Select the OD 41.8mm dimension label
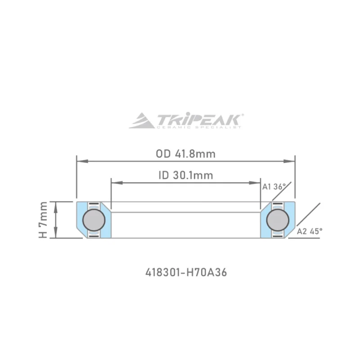pos(185,154)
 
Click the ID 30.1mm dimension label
pos(185,175)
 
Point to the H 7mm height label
pos(43,220)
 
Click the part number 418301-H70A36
pos(185,273)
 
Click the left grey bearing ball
pos(95,220)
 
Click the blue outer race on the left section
pos(81,220)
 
